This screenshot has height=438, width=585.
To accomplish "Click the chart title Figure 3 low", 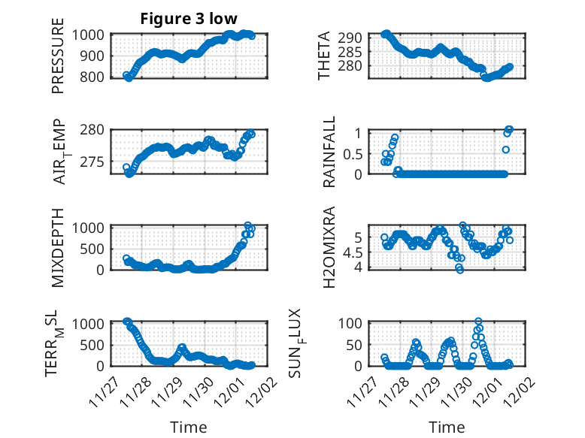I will click(189, 19).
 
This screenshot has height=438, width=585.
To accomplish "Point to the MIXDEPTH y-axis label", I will click(58, 246).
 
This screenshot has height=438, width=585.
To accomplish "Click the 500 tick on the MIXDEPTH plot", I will click(96, 248).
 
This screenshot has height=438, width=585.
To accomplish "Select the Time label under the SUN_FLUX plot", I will click(447, 427).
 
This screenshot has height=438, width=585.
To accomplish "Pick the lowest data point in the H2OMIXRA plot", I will click(460, 270).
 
